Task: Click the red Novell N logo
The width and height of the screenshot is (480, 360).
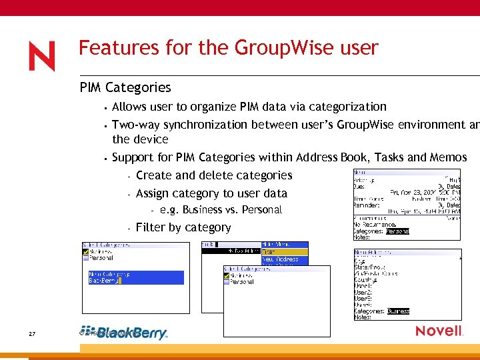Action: pos(42,56)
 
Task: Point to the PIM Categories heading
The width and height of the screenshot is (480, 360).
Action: pos(125,87)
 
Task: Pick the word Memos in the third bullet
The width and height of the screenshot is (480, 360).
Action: pos(448,157)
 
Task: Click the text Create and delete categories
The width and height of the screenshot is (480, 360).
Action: pos(214,175)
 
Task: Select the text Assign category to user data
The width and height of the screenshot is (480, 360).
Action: pos(211,193)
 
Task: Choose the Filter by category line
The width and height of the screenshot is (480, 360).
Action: pos(183,227)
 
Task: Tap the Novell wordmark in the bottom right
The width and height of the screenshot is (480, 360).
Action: pos(439,331)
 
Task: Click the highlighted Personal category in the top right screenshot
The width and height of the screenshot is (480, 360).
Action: pos(397,231)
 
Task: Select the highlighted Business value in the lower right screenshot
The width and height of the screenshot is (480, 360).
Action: pos(398,311)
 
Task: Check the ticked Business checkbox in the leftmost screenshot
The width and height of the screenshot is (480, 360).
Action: pos(85,251)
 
